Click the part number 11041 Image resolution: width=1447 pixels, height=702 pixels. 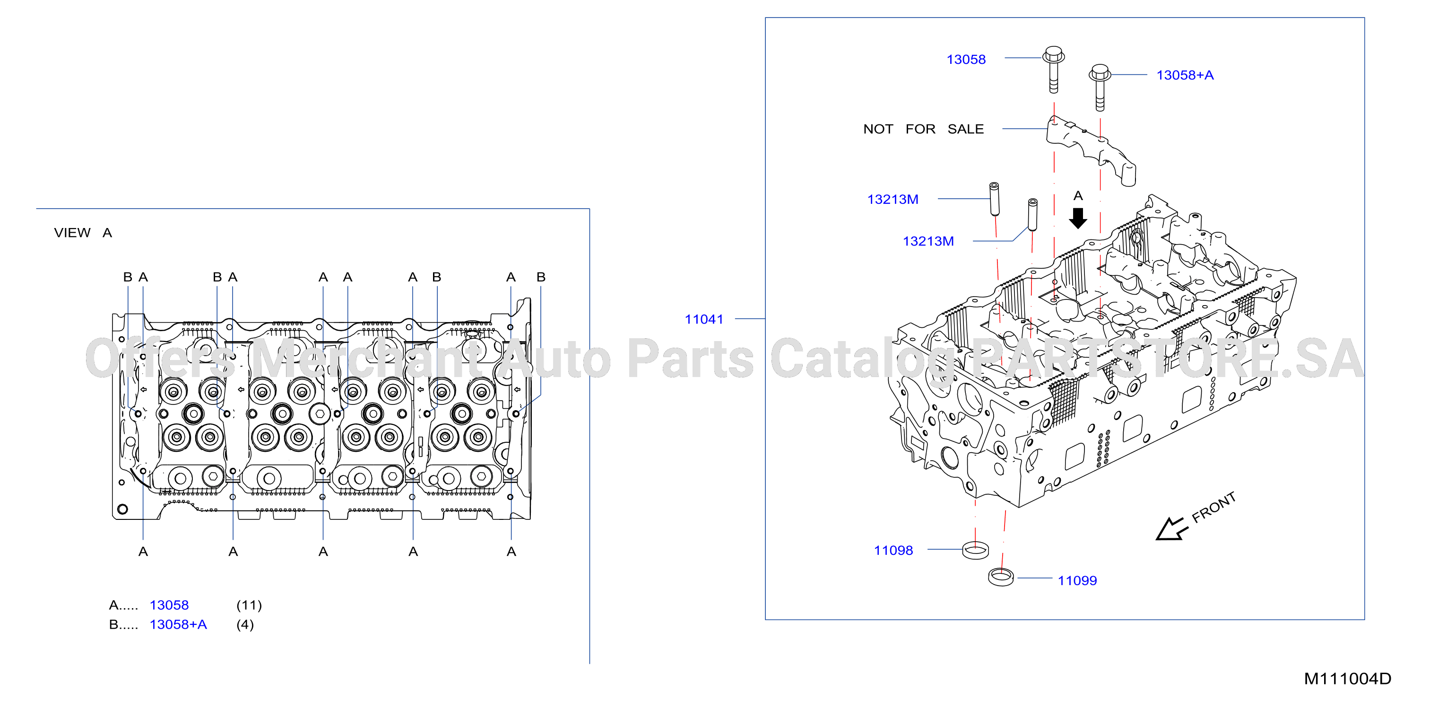coord(704,319)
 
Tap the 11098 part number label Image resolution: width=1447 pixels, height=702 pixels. coord(893,550)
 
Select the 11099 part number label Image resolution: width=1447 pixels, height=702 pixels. coord(1077,580)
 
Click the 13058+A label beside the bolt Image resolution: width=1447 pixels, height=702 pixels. coord(1185,75)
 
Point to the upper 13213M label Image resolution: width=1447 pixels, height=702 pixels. coord(892,200)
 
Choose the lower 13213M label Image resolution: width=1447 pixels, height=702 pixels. coord(928,241)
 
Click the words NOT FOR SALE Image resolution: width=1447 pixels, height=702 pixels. coord(924,129)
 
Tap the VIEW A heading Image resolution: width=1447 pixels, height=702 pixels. coord(83,233)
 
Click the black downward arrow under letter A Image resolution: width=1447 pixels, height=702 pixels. coord(1077,218)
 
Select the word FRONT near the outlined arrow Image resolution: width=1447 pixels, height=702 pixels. coord(1214,508)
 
